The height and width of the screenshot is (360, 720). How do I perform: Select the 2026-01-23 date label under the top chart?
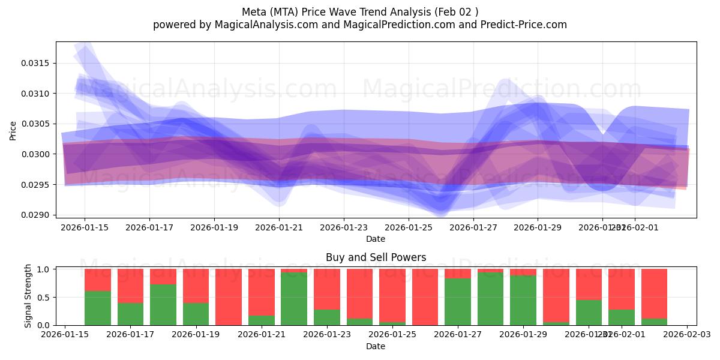pyautogui.click(x=344, y=227)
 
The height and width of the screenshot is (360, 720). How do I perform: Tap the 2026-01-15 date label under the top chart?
pyautogui.click(x=84, y=227)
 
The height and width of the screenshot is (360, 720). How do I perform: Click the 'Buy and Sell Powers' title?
pyautogui.click(x=376, y=257)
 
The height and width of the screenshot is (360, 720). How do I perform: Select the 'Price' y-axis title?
pyautogui.click(x=13, y=130)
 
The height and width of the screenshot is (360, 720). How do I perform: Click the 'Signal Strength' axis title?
pyautogui.click(x=28, y=296)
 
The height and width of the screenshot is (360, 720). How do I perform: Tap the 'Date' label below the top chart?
pyautogui.click(x=376, y=239)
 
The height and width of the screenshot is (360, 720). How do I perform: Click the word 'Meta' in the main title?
pyautogui.click(x=255, y=12)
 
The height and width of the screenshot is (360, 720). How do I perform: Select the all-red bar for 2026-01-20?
pyautogui.click(x=229, y=297)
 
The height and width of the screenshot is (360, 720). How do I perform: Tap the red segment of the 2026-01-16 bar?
pyautogui.click(x=98, y=280)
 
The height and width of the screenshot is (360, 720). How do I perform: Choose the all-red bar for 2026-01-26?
pyautogui.click(x=425, y=297)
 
